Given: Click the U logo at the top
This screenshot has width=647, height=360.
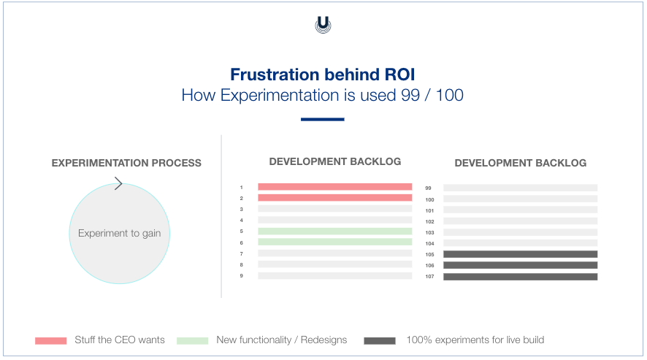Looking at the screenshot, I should [x=323, y=25].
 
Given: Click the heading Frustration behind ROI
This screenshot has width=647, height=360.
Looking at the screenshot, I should [x=323, y=74].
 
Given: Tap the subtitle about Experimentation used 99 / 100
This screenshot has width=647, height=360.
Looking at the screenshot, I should [x=323, y=95].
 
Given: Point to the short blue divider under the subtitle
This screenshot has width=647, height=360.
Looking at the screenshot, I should [x=323, y=119].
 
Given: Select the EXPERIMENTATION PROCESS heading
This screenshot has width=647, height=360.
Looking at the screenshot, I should [x=126, y=163].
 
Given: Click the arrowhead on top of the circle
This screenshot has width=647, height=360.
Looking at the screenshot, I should [x=118, y=184].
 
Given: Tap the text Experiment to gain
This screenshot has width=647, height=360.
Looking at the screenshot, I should [x=120, y=234].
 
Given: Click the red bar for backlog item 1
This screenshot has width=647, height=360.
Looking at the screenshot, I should [x=334, y=187].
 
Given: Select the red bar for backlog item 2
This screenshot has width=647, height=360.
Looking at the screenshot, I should [x=334, y=198].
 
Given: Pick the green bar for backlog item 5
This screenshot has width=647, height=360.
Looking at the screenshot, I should [x=334, y=231].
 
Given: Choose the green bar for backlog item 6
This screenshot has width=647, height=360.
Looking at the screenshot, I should [x=334, y=242].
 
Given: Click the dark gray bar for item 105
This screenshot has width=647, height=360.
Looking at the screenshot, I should [x=520, y=254].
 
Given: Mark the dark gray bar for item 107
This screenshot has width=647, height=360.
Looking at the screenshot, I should [x=520, y=277].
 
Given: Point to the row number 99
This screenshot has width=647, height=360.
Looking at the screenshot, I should [x=429, y=188].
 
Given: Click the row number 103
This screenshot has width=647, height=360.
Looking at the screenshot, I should [x=429, y=232].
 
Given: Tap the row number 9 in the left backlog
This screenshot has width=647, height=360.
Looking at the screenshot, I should [x=241, y=276].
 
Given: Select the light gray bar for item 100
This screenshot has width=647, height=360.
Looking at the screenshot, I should [x=520, y=199].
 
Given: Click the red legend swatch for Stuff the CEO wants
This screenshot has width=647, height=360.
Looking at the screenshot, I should [x=50, y=340].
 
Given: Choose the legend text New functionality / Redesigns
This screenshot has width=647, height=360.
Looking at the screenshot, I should [x=282, y=340].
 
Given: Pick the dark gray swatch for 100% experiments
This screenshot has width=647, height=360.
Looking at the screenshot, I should [x=380, y=340].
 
